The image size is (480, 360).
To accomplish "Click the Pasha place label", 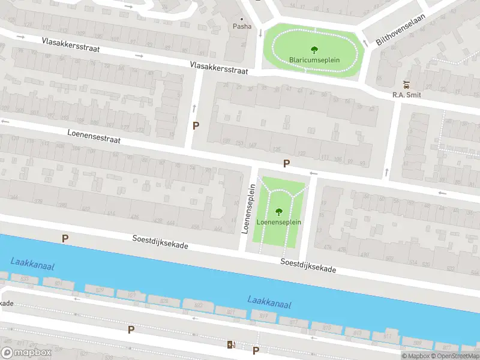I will click(x=242, y=26).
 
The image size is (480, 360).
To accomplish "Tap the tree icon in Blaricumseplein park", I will click(x=314, y=50).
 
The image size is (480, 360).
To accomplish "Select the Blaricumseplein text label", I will click(x=314, y=60).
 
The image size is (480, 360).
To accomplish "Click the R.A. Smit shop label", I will click(x=406, y=94).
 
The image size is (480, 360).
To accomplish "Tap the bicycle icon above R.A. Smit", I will click(x=407, y=85).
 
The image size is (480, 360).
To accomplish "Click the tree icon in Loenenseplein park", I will click(x=279, y=211).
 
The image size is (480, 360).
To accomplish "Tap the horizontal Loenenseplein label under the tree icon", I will click(x=279, y=222).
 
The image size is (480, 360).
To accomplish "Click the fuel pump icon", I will click(x=230, y=344).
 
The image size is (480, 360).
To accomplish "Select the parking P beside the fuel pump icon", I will click(x=256, y=350).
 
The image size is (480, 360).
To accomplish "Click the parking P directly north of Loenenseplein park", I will click(x=287, y=163).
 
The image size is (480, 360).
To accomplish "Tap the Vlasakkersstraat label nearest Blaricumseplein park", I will click(x=219, y=67).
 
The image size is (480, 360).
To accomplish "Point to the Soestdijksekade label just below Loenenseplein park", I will click(x=308, y=266).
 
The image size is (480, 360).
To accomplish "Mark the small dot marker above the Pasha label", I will click(x=242, y=19).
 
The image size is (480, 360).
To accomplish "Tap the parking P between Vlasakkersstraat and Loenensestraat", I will click(x=196, y=126).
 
